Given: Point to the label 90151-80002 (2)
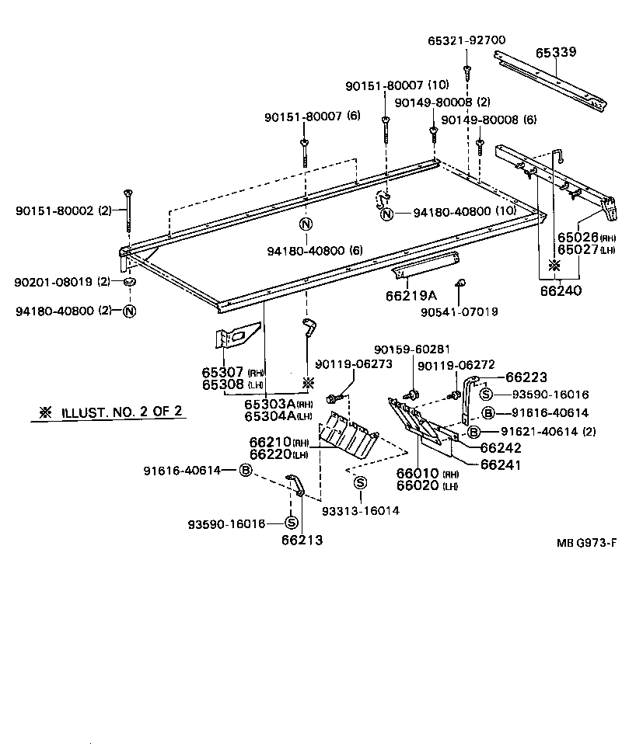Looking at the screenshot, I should [x=62, y=210].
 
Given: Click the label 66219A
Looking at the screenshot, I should [x=411, y=296].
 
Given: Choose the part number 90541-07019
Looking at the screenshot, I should [x=460, y=311].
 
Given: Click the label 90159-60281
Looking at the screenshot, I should [x=411, y=349].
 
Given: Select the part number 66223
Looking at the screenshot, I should [x=526, y=377].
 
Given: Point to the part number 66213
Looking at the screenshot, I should [x=302, y=540].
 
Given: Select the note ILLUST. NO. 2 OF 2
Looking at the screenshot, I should [x=114, y=412].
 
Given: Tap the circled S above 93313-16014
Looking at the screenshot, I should [x=360, y=483].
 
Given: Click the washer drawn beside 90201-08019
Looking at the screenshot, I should [x=129, y=280].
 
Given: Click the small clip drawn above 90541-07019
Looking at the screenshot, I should [x=460, y=282].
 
